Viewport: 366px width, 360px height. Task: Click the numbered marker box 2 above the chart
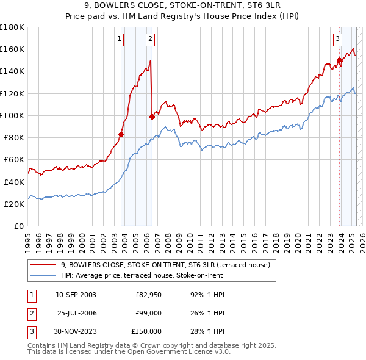click(150, 40)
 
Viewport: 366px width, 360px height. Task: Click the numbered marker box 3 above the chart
click(337, 40)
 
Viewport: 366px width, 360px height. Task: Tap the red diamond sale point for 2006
click(152, 117)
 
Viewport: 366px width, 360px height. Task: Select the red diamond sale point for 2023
click(339, 60)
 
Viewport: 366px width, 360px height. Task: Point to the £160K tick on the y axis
click(12, 49)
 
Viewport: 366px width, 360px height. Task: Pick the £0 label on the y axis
click(18, 226)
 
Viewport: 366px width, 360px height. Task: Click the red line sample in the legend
click(43, 265)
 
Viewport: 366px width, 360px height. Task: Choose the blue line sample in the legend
click(43, 275)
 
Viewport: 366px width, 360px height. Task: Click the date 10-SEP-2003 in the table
click(76, 295)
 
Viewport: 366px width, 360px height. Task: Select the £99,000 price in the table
click(148, 313)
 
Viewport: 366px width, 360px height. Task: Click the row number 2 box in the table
click(31, 313)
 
